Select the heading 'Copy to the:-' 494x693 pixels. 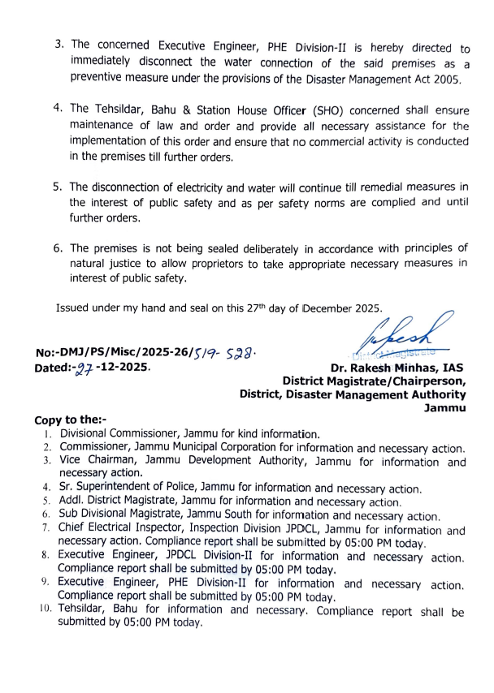pyautogui.click(x=71, y=420)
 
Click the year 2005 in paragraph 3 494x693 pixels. pyautogui.click(x=445, y=79)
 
